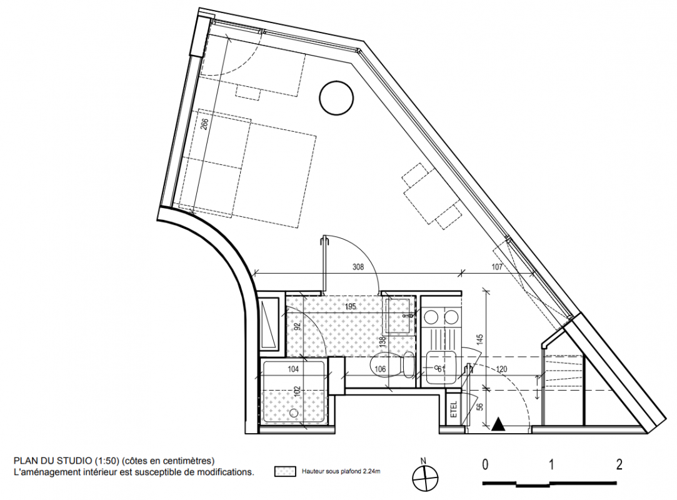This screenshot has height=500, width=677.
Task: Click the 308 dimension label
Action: [x=358, y=267]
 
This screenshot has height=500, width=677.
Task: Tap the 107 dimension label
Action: [x=497, y=267]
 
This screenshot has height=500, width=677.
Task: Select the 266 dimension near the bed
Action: [x=204, y=124]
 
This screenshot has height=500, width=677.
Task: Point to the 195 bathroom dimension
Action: [x=350, y=306]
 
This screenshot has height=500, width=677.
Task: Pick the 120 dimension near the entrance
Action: [x=501, y=369]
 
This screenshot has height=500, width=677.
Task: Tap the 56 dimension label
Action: [x=481, y=406]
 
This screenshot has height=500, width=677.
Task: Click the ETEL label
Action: [x=453, y=409]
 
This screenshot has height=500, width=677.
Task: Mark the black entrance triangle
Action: [x=498, y=424]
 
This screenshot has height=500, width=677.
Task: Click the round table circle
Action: [x=336, y=98]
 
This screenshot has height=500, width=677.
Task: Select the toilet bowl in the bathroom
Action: [x=391, y=364]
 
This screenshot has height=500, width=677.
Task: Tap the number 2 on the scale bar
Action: [x=619, y=464]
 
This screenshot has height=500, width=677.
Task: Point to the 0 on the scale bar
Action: [x=486, y=464]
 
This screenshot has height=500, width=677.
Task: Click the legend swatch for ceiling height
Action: [x=285, y=471]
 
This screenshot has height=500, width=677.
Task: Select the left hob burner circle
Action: [x=432, y=317]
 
